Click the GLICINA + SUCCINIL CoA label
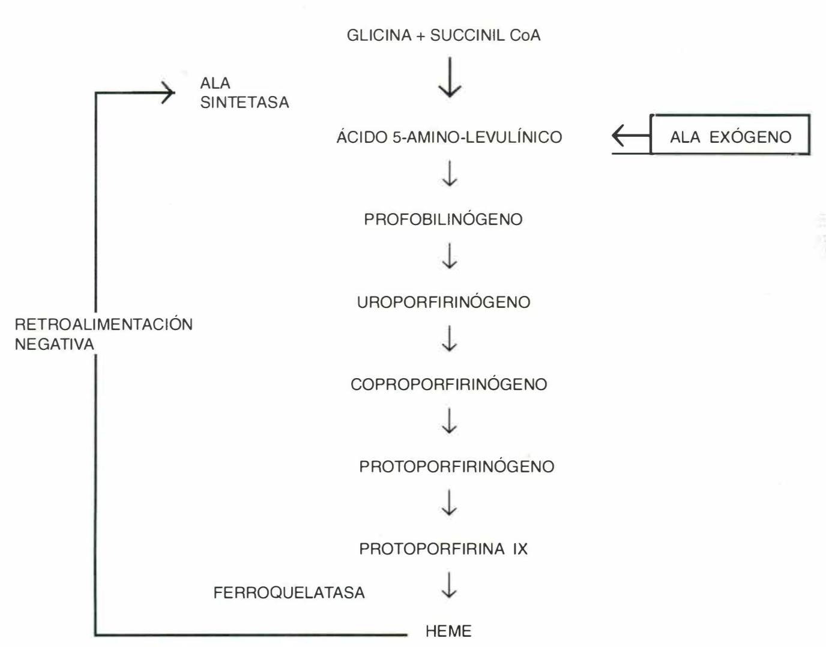(444, 35)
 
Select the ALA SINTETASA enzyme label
(244, 93)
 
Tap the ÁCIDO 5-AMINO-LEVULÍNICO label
(449, 137)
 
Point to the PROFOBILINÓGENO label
(443, 220)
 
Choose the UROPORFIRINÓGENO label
(444, 302)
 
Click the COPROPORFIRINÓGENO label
(449, 384)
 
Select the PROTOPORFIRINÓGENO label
(457, 466)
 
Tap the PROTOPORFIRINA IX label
(444, 549)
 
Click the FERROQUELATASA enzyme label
(289, 593)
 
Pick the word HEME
(448, 631)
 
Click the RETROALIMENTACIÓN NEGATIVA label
(103, 334)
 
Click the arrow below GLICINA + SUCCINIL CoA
(450, 77)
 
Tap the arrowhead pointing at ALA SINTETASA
(167, 92)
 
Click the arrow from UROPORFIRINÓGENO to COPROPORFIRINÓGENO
(449, 339)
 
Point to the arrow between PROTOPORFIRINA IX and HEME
(449, 586)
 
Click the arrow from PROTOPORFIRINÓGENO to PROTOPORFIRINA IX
(449, 503)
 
